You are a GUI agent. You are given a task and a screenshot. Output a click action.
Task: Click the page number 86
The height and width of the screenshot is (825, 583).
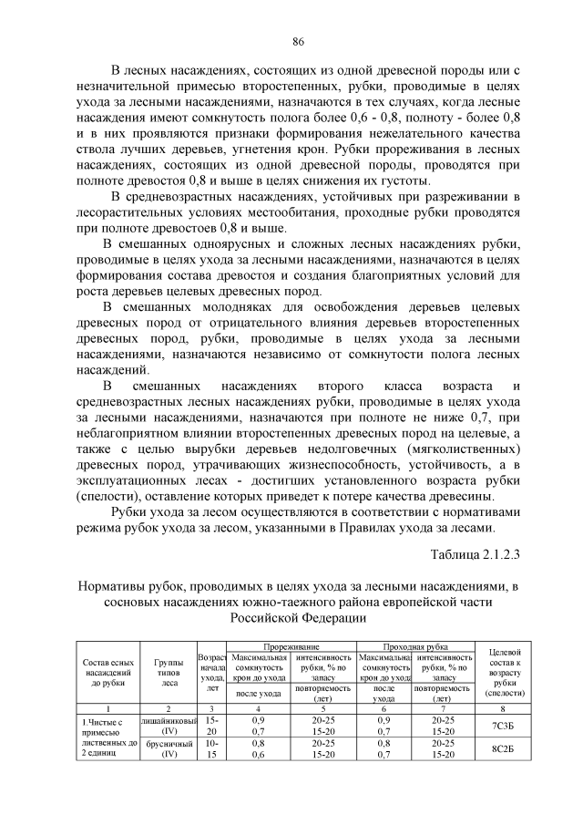tap(297, 42)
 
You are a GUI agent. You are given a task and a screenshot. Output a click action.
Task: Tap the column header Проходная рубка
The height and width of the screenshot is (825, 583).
tap(416, 646)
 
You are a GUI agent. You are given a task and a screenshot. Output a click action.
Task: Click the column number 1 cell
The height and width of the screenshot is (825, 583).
tap(108, 707)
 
